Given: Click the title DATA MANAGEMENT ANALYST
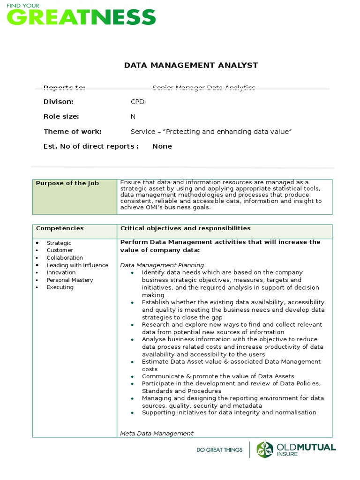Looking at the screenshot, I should point(191,65).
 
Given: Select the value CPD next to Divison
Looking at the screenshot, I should point(137,102).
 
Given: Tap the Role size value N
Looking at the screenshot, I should point(133,117).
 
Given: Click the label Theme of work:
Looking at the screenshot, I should point(72,132).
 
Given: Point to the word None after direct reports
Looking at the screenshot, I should point(162,146).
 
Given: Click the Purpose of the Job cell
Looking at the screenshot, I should point(67,183).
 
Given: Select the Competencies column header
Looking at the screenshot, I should point(60,228).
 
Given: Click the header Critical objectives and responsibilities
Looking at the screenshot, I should point(185,228).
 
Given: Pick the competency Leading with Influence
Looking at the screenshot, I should point(77,265).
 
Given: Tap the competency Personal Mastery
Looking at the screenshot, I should point(70,280).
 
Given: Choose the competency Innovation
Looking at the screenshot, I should point(61,273).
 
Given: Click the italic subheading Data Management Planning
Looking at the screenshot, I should point(162,265).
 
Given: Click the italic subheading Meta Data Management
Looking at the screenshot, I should point(157,434).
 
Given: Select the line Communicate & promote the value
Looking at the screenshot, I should point(218,376).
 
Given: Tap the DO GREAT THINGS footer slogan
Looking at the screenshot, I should point(219,450).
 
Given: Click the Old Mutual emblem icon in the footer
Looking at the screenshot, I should point(265,450).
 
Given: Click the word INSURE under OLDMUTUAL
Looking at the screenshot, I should point(286,454).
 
